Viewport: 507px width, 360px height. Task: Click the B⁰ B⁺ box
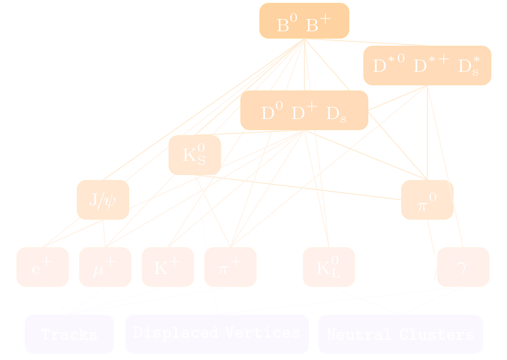tap(304, 21)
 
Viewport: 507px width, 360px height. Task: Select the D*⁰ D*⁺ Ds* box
tap(427, 66)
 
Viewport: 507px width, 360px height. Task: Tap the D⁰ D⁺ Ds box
tap(304, 111)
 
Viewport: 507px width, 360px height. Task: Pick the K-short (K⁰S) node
tap(194, 155)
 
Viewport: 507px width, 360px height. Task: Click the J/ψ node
tap(103, 200)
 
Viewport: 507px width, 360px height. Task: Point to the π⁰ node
tap(427, 200)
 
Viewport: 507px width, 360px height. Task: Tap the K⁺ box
tap(167, 267)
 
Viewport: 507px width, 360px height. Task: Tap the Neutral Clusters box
tap(400, 334)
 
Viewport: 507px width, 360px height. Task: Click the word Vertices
tap(262, 333)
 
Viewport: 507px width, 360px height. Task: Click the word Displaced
tap(175, 333)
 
